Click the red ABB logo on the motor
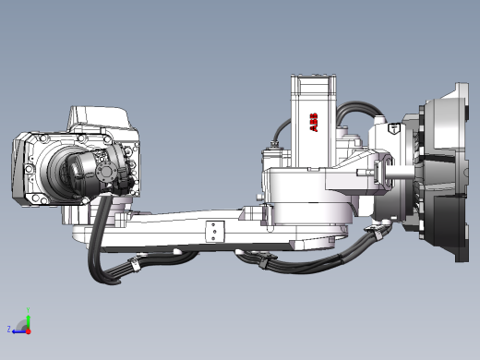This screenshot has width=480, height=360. [x=313, y=123]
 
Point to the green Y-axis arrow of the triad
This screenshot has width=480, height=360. [x=28, y=319]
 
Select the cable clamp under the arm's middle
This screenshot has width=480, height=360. [x=263, y=262]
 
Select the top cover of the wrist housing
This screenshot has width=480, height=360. [x=97, y=116]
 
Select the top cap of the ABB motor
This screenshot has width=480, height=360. [x=313, y=84]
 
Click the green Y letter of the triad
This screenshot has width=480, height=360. [x=27, y=310]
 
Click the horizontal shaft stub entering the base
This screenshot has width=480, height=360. [x=399, y=170]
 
